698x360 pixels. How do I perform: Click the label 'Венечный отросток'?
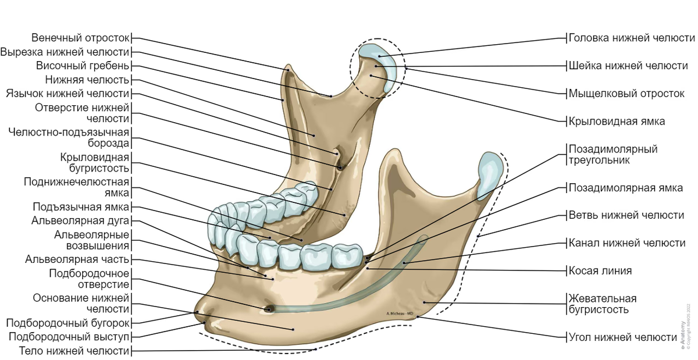coord(80,38)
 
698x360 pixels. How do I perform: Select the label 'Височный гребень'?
coord(82,66)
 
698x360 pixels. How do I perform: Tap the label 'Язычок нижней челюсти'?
coord(67,94)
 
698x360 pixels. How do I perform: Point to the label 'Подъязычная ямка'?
coord(81,206)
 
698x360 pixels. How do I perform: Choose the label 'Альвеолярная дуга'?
coord(80,220)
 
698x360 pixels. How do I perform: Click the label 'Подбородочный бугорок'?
coord(67,323)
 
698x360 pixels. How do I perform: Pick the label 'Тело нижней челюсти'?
coord(74,351)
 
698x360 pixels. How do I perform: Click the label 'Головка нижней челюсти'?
coord(632,38)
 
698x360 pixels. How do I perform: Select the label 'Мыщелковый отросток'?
coord(626,94)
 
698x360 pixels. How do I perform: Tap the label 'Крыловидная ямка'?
coord(617,121)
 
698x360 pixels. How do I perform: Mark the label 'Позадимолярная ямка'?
coord(626,188)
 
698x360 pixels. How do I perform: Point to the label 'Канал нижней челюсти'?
coord(627,243)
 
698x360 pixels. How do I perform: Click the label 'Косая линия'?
coord(600,271)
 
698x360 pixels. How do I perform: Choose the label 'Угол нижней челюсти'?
coord(623,337)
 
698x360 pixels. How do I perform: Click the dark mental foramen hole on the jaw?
coord(268,309)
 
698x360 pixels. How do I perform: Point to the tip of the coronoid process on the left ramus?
coord(289,66)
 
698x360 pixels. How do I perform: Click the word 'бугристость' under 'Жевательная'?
coord(597,309)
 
